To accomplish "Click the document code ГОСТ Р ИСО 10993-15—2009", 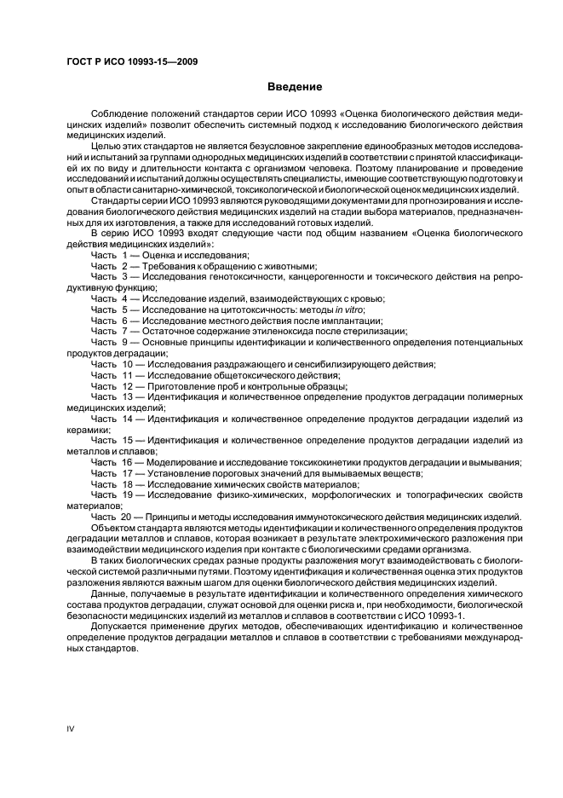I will coord(133,62).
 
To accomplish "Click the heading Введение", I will coord(294,87).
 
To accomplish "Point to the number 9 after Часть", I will coord(124,342).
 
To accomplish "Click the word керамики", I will coord(88,430).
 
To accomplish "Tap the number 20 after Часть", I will coord(127,517).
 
